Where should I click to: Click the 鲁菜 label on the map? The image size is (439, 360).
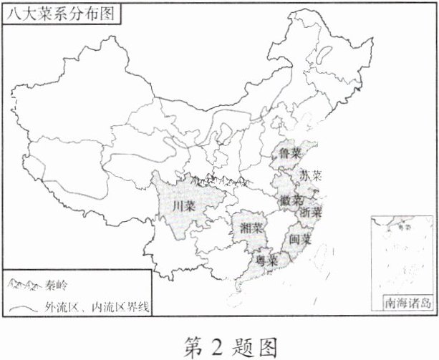(x=290, y=152)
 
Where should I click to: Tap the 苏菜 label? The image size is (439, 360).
(x=311, y=175)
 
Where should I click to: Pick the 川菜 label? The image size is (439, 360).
(x=185, y=207)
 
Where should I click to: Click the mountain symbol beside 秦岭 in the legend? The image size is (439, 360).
(x=24, y=285)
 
